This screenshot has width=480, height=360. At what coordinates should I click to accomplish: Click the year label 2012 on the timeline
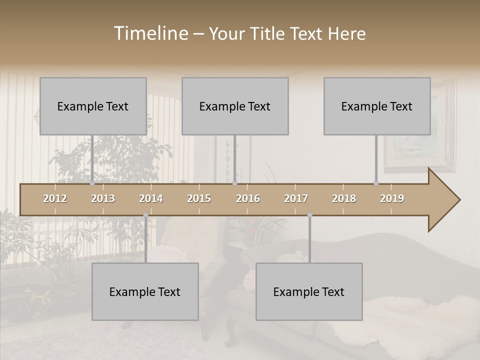click(55, 198)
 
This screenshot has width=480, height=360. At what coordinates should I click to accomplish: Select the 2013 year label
click(103, 198)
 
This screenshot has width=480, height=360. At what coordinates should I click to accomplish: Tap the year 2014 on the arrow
click(151, 198)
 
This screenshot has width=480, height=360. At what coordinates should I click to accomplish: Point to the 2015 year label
click(199, 198)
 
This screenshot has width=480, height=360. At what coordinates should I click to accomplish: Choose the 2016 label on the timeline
click(248, 198)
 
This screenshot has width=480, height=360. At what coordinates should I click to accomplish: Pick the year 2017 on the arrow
click(296, 198)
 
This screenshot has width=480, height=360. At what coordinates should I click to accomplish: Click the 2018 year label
click(344, 198)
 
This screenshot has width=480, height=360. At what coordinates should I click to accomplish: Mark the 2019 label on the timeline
click(392, 198)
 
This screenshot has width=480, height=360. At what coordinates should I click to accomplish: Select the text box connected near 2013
click(93, 106)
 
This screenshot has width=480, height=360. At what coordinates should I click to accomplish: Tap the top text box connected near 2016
click(235, 106)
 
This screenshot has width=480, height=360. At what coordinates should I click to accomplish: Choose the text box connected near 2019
click(377, 106)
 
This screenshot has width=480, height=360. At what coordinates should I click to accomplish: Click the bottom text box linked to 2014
click(145, 291)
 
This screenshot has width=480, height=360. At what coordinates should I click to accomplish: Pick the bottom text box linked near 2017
click(309, 291)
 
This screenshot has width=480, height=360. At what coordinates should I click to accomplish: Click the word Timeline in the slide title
click(150, 33)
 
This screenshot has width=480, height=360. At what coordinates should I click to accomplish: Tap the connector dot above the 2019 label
click(376, 183)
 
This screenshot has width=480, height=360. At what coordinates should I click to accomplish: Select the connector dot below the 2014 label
click(145, 215)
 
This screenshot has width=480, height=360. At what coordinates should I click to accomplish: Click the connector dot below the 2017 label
click(309, 215)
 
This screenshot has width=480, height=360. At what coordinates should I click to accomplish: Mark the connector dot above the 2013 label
click(92, 183)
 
